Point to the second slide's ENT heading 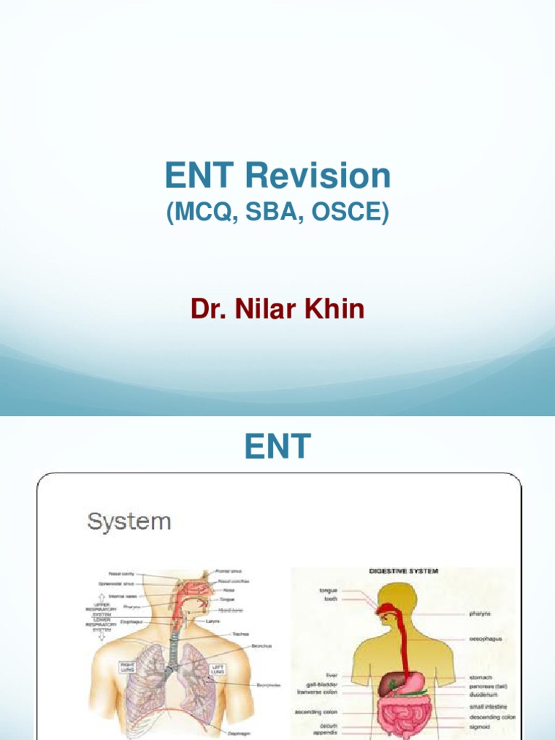[x=277, y=446]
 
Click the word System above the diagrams [x=129, y=521]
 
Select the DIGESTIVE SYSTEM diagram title [x=403, y=571]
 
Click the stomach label [x=481, y=677]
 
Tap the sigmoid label [x=480, y=726]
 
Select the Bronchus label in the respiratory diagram [x=261, y=645]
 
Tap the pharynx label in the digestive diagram [x=481, y=614]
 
